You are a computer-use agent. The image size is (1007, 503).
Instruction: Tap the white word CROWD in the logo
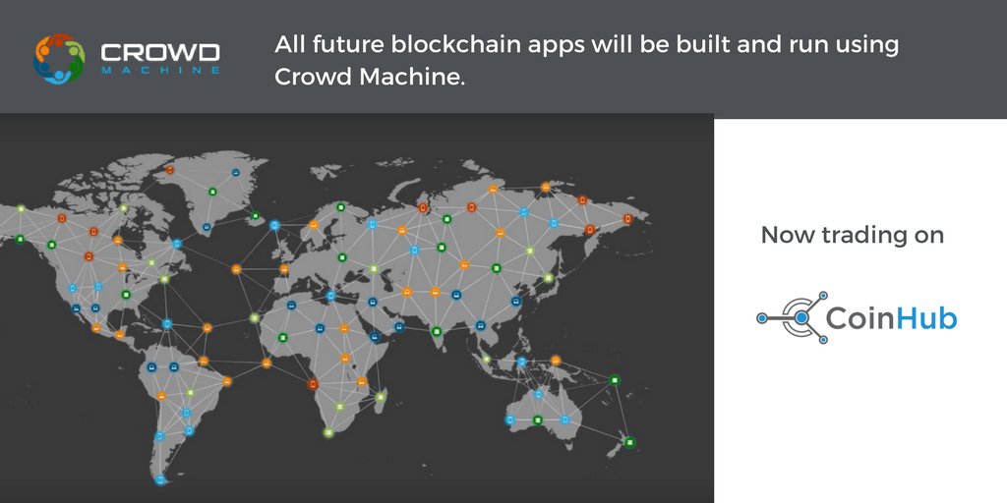(159, 52)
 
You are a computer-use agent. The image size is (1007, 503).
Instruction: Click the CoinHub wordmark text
(891, 317)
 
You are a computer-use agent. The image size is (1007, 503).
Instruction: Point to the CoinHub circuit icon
(792, 317)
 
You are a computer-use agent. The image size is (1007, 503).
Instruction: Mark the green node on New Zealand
(630, 443)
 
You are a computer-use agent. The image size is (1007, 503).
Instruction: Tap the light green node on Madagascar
(381, 397)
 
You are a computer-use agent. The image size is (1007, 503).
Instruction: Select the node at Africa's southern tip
(328, 432)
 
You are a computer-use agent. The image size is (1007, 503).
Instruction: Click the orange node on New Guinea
(556, 360)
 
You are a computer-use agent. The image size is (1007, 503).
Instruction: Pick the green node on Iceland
(256, 215)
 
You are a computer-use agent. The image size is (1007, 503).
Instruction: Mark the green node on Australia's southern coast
(537, 420)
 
